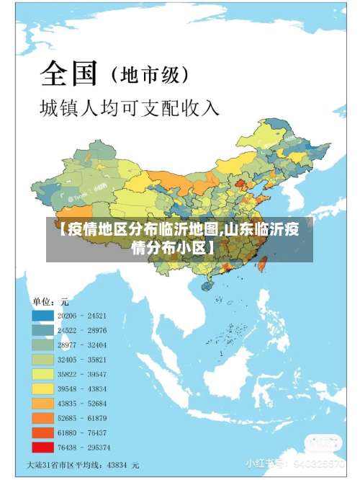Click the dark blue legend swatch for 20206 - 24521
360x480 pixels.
42,316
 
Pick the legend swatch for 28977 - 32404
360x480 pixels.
42,345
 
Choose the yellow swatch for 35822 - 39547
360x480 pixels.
42,374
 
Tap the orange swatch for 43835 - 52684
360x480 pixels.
42,402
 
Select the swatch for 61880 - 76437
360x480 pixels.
42,432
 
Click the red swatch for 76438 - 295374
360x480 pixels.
42,446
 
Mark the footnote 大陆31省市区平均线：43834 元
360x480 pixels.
83,466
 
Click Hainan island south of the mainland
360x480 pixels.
208,285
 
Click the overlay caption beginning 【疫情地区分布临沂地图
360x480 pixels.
180,239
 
